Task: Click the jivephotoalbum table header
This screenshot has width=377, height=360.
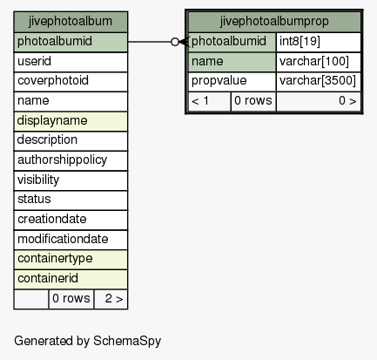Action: tap(71, 22)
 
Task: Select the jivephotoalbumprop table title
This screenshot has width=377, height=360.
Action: tap(274, 22)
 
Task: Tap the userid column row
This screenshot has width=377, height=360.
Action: tap(71, 62)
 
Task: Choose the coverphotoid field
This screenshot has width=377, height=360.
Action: tap(71, 82)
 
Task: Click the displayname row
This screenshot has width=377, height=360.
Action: tap(71, 121)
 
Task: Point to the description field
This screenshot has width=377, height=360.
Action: tap(71, 141)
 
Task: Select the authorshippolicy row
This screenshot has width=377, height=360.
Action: tap(71, 160)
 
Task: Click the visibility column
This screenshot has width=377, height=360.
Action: tap(71, 180)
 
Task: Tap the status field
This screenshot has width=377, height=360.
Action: tap(71, 200)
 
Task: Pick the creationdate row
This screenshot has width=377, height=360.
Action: tap(71, 221)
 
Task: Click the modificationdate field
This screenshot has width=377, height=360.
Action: tap(71, 240)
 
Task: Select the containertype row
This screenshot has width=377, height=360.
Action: tap(71, 260)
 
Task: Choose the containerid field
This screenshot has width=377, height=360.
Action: tap(71, 280)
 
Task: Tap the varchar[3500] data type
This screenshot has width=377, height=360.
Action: tap(319, 82)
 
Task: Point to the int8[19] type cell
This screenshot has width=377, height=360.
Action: tap(319, 42)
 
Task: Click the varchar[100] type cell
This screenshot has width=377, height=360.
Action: tap(319, 62)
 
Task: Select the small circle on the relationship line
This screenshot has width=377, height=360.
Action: tap(175, 42)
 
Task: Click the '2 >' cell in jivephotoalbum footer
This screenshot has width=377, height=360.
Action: tap(111, 299)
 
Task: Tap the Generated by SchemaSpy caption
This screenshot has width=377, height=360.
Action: tap(87, 341)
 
